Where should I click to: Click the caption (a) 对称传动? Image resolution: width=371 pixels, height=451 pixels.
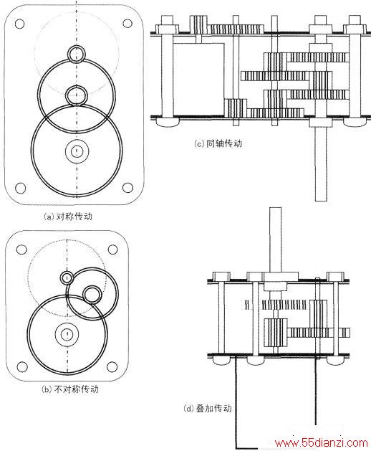coord(68,217)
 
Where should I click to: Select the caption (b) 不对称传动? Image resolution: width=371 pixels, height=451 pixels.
coord(70,389)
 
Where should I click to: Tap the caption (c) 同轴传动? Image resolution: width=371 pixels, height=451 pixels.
coord(218,143)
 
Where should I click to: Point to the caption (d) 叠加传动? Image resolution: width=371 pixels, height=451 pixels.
coord(208,409)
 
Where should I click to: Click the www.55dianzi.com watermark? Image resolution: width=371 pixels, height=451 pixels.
coord(321,442)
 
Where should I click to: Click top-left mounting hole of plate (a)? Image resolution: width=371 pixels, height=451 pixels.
coord(19,24)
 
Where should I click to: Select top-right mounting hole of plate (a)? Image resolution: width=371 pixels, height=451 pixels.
coord(127,23)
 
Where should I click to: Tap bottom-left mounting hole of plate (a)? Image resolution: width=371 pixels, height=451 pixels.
coord(20,188)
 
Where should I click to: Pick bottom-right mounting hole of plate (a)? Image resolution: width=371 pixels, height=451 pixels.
coord(127,188)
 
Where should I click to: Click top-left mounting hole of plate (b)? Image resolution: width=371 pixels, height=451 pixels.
coord(21,250)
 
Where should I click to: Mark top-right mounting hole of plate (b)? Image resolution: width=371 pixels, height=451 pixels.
coord(112,250)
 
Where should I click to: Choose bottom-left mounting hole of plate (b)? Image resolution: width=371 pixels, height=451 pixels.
coord(21,367)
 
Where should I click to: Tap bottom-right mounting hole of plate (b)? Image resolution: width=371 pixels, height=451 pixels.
coord(112,366)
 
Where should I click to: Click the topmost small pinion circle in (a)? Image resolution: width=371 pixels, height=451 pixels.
coord(77,54)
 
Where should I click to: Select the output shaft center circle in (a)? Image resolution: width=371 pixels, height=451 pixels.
coord(77,151)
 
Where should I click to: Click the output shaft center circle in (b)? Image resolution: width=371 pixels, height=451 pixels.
coord(67,333)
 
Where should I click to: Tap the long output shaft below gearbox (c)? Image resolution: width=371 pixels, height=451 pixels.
coord(320,163)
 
